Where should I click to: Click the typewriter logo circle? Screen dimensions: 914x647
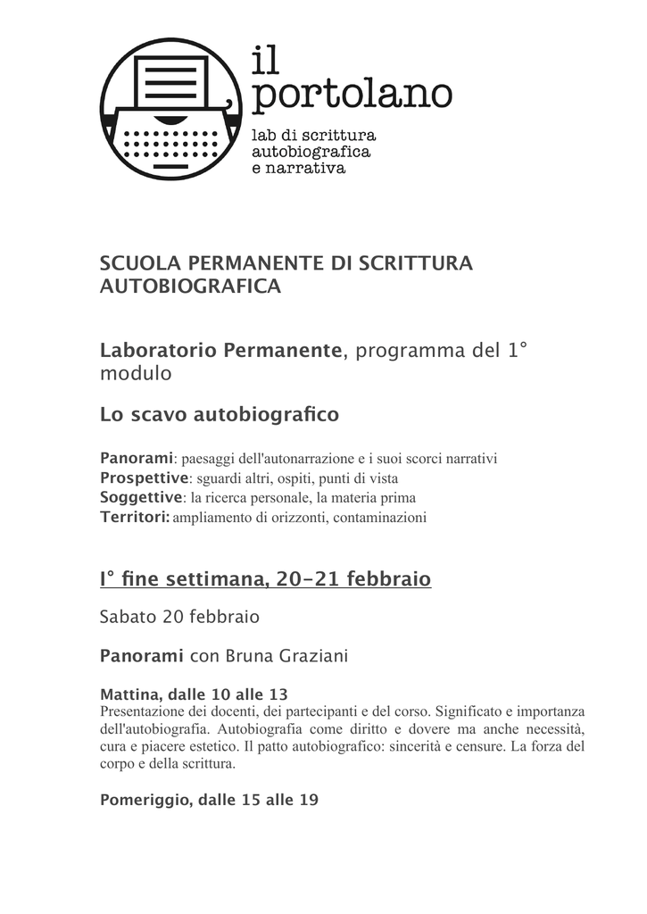click(170, 109)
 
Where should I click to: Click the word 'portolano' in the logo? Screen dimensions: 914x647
click(352, 95)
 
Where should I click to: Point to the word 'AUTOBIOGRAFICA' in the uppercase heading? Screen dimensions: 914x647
click(190, 287)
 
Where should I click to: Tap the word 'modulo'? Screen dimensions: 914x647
click(135, 374)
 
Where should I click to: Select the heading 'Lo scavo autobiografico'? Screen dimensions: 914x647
click(220, 415)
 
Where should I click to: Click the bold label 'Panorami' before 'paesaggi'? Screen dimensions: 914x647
click(136, 458)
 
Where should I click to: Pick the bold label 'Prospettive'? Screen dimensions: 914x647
click(144, 478)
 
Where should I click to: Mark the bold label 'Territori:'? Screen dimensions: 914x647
click(135, 517)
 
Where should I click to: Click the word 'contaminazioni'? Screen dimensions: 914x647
click(380, 518)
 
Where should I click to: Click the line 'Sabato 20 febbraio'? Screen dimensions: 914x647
click(179, 617)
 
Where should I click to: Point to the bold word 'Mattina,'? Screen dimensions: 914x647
click(131, 694)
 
